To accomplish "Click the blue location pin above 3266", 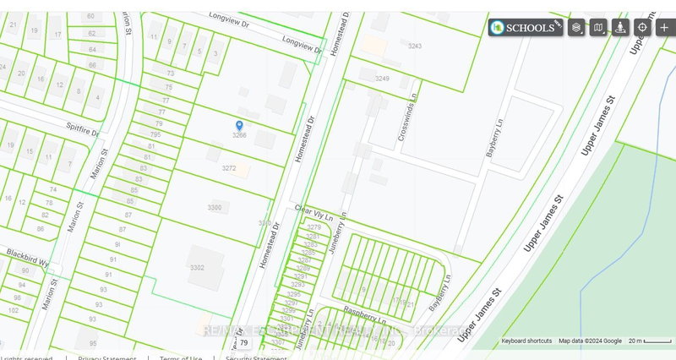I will pos(239,125).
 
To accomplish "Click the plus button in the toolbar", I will pos(664,27).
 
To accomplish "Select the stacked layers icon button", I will pos(576,27).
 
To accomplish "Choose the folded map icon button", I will pos(598,27).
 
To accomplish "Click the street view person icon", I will pos(620,27).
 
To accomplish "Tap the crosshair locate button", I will pos(642,27).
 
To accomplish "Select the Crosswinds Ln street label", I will pos(407,128).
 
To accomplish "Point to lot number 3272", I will pos(228,168).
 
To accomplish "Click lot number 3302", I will pos(197,268).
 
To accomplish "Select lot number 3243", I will pos(414,46).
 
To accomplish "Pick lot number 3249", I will pos(383,79).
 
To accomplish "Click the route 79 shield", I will pos(244,343).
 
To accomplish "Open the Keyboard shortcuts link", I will pos(526,341).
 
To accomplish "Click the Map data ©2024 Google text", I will pos(590,341).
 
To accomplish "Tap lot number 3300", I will pos(214,207).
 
